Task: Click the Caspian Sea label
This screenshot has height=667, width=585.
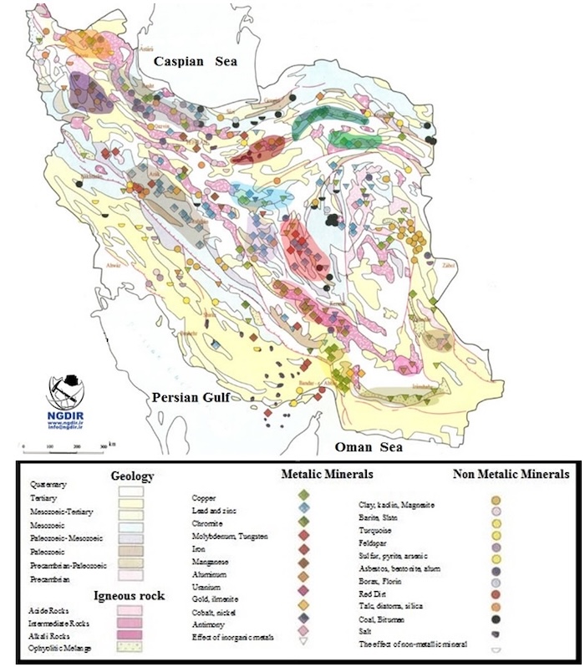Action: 195,61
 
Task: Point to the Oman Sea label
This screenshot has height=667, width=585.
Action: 367,447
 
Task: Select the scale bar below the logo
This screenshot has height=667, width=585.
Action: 64,442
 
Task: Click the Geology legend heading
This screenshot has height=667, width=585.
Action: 132,476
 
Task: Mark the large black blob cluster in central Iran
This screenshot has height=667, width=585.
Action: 335,220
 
